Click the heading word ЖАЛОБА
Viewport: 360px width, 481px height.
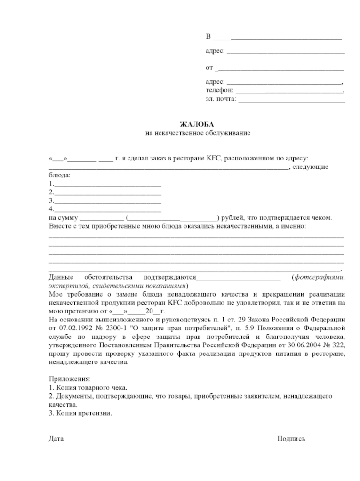(x=197, y=124)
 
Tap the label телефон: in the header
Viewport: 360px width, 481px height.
(x=219, y=90)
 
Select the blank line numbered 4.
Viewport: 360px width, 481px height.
(x=108, y=209)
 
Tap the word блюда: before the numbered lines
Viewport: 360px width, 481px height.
(x=59, y=176)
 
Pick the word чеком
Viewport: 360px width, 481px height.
(x=321, y=218)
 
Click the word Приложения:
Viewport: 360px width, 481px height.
(x=69, y=379)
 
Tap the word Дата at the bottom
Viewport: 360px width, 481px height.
(x=56, y=439)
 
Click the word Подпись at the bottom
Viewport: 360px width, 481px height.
(x=291, y=439)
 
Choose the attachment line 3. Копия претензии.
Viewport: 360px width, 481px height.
(x=80, y=413)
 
